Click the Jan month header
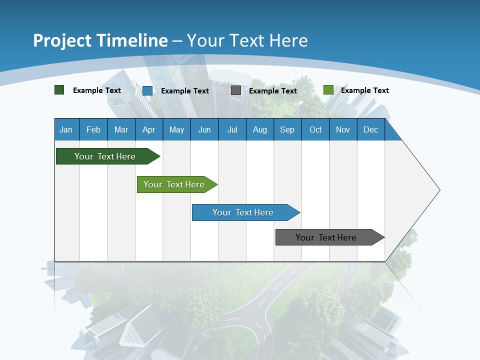click(x=66, y=129)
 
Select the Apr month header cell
click(x=149, y=129)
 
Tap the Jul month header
click(x=232, y=129)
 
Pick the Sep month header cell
click(x=287, y=129)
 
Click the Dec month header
click(x=371, y=129)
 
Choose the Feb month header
click(x=93, y=129)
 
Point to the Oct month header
click(x=315, y=129)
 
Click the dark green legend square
click(x=59, y=90)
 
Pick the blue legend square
click(x=147, y=90)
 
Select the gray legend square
click(x=236, y=90)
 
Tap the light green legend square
click(x=328, y=90)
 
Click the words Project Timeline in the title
click(x=100, y=40)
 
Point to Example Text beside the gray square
click(x=273, y=91)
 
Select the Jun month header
click(x=204, y=129)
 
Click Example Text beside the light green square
click(x=365, y=90)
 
